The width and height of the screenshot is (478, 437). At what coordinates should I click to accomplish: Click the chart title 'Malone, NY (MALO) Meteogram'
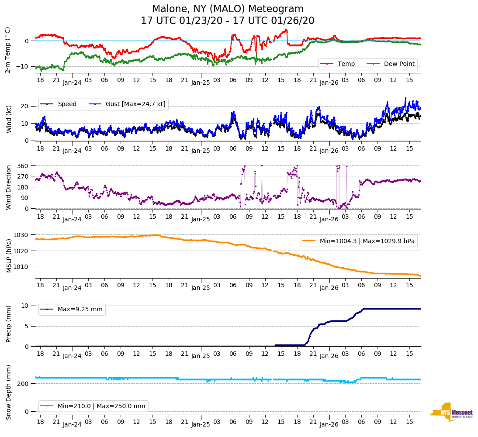point(228,9)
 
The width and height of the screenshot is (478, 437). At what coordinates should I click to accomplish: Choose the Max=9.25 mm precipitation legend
point(72,310)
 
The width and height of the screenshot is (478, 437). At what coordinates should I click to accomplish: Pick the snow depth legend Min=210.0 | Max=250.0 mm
point(94,406)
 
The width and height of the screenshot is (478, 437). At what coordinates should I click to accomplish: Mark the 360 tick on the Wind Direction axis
point(23,166)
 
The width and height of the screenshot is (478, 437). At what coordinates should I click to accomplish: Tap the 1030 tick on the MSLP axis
point(22,235)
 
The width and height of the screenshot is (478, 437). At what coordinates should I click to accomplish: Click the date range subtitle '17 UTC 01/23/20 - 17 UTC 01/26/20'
point(228,21)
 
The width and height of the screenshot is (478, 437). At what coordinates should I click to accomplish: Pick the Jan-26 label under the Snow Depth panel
point(329,424)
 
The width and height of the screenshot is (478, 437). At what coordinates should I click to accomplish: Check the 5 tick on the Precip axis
point(27,326)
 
